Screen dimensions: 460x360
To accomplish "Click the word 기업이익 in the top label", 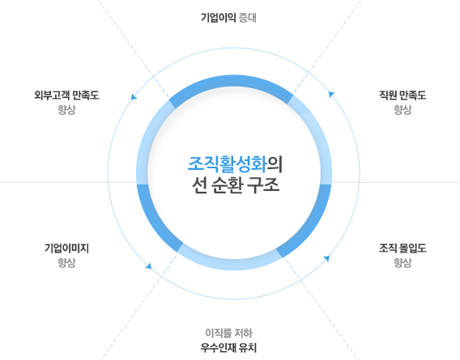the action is pyautogui.click(x=219, y=18).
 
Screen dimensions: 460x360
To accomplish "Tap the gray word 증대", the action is pyautogui.click(x=248, y=18).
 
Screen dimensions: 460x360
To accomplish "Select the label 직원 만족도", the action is pyautogui.click(x=402, y=95).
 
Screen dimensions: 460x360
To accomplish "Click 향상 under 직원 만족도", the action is pyautogui.click(x=402, y=110).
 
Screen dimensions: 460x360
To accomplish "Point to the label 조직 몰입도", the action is pyautogui.click(x=402, y=248).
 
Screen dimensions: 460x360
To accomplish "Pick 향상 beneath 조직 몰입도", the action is pyautogui.click(x=402, y=262).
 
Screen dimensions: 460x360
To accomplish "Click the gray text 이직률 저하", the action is pyautogui.click(x=229, y=333).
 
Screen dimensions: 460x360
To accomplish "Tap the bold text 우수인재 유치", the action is pyautogui.click(x=229, y=348).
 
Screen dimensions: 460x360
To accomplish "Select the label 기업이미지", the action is pyautogui.click(x=66, y=248).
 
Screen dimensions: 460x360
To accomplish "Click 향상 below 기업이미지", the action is pyautogui.click(x=66, y=262).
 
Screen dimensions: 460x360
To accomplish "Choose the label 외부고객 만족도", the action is pyautogui.click(x=66, y=95).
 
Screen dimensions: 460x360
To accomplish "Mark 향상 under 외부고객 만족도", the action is pyautogui.click(x=66, y=110).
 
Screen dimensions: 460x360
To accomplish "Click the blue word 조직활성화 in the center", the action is pyautogui.click(x=228, y=164).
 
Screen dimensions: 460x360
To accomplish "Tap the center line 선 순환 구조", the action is pyautogui.click(x=236, y=185).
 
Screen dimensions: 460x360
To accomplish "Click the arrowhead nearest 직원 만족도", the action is pyautogui.click(x=331, y=94).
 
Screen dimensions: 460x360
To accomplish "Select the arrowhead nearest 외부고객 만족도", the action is pyautogui.click(x=134, y=96).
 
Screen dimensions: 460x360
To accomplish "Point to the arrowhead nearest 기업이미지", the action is pyautogui.click(x=149, y=266).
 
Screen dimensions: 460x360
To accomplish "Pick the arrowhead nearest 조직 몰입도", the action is pyautogui.click(x=326, y=258).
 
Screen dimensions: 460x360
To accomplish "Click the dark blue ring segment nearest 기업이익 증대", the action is pyautogui.click(x=231, y=81).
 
